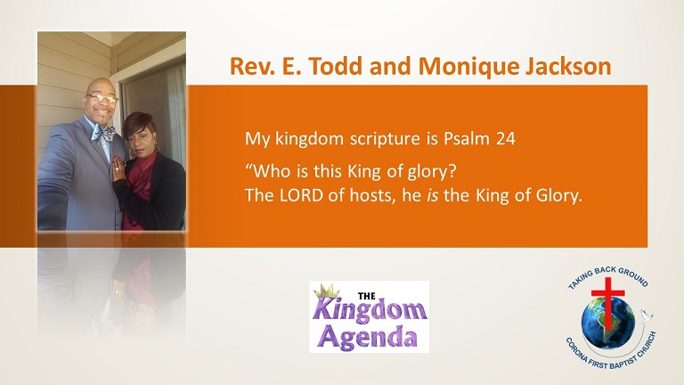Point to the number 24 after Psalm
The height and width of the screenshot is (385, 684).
coord(506,139)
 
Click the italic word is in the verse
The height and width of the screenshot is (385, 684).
coord(432,195)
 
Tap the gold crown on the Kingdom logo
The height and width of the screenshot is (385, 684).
coord(327,291)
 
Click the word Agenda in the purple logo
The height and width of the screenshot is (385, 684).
coord(368,338)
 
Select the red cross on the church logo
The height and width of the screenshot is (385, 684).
coord(607,302)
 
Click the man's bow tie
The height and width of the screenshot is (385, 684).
coord(103,133)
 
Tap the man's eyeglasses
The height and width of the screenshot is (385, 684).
coord(102,97)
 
